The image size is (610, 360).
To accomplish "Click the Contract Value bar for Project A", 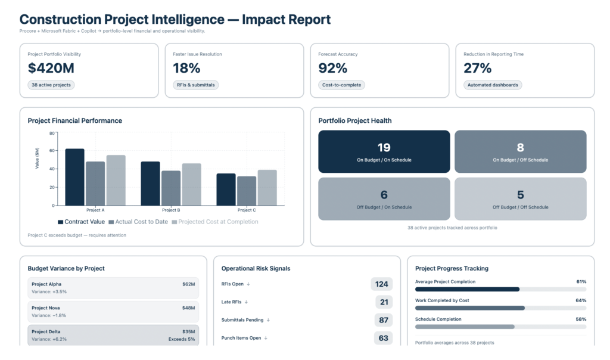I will [x=74, y=177].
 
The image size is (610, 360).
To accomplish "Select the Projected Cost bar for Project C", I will [x=267, y=187].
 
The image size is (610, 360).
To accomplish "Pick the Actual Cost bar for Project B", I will [x=171, y=188].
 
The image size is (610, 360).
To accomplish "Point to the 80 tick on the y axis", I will [x=52, y=134].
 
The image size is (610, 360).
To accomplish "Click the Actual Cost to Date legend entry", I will [x=139, y=222].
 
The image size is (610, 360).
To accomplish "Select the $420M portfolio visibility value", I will [x=51, y=69].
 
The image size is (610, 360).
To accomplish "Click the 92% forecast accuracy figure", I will [x=333, y=69].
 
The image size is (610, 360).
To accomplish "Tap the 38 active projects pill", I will [x=51, y=85].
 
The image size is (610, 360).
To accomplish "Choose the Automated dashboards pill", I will [x=493, y=85].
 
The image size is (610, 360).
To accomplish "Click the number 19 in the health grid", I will [x=384, y=147].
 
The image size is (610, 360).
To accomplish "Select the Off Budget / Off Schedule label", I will [x=520, y=207].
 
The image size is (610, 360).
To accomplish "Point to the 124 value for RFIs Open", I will [x=382, y=284].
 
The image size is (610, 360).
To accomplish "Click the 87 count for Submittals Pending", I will [x=384, y=320].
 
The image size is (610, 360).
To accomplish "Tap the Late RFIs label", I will [x=231, y=302].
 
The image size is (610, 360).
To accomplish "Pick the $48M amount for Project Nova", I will [x=189, y=308].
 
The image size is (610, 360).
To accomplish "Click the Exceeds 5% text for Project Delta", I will [x=182, y=339].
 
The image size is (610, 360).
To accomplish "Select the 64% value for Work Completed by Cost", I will [x=581, y=300].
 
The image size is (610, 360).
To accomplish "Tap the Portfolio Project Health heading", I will [x=355, y=120].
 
